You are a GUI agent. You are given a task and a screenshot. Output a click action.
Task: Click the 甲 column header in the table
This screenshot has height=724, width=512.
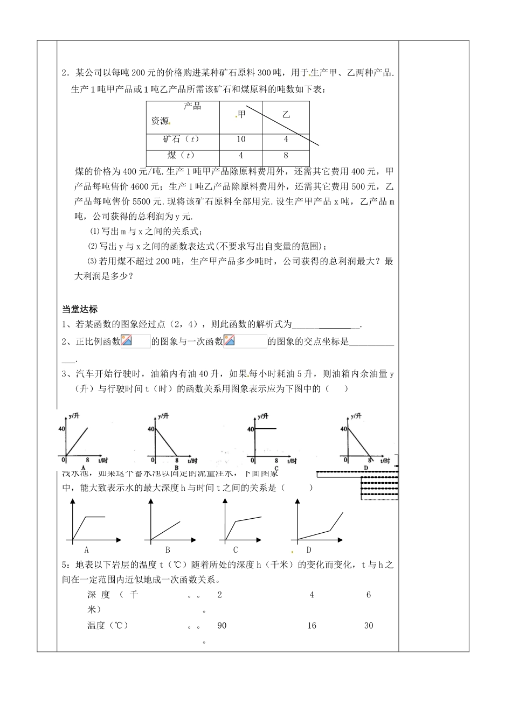(x=241, y=114)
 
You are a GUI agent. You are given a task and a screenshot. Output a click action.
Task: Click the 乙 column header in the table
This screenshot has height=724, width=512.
(x=286, y=114)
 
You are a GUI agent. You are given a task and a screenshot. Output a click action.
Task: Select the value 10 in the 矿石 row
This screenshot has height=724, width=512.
(x=241, y=139)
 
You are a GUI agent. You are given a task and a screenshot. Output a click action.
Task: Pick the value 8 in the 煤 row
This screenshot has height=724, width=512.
(x=286, y=156)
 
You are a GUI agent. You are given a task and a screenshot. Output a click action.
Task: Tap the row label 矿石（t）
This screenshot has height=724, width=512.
(x=182, y=139)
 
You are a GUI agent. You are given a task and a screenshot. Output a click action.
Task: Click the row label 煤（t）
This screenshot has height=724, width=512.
(x=181, y=156)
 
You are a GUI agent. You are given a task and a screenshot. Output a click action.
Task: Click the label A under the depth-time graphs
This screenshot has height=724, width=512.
(x=86, y=550)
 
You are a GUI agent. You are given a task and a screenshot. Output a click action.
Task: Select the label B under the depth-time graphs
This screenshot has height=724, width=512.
(x=168, y=550)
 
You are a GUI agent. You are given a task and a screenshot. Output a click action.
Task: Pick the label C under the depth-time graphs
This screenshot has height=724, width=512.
(x=236, y=550)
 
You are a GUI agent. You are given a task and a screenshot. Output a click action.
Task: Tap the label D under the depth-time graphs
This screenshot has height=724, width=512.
(x=309, y=550)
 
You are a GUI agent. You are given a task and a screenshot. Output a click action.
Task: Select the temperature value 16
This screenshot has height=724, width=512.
(x=312, y=625)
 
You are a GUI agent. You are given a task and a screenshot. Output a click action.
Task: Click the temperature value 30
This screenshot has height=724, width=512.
(x=369, y=625)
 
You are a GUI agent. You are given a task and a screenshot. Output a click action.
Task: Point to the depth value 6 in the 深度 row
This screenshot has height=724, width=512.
(x=369, y=595)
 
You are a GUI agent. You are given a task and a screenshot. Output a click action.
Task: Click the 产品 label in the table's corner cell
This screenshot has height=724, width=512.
(x=192, y=106)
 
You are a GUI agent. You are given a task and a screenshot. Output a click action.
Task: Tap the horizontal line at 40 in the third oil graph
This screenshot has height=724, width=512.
(x=266, y=429)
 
